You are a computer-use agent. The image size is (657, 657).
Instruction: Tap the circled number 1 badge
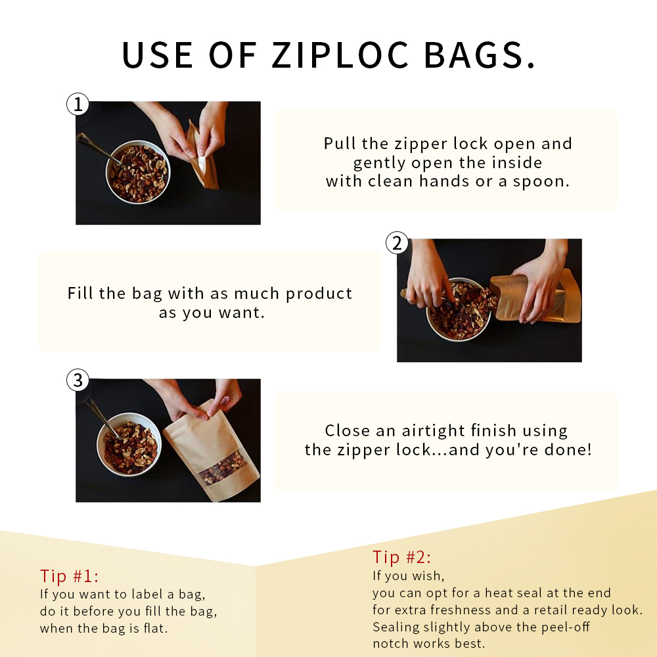[x=78, y=104]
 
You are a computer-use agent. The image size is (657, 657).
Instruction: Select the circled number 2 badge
[x=397, y=242]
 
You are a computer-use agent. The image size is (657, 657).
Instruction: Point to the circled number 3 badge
[x=78, y=380]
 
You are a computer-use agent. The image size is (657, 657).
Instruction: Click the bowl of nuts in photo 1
[x=138, y=171]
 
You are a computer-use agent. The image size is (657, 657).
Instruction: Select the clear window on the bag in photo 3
[x=223, y=468]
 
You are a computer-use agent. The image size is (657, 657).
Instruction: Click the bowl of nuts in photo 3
[x=129, y=444]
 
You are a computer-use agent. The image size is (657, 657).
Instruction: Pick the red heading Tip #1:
[x=69, y=576]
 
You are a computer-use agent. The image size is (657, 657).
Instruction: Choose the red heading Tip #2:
[x=401, y=557]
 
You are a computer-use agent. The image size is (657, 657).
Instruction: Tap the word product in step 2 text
[x=319, y=294]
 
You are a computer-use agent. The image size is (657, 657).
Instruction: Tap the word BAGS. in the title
[x=480, y=55]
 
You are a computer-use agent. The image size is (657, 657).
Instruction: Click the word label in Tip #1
[x=147, y=594]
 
